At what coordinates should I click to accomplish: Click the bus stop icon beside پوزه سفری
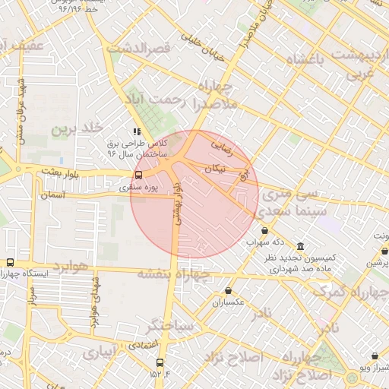[x=138, y=176]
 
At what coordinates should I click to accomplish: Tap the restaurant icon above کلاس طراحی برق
[x=138, y=131]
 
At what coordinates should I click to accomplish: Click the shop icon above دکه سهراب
[x=264, y=230]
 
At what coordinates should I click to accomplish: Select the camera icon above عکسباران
[x=229, y=290]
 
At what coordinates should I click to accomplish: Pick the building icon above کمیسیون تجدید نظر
[x=301, y=247]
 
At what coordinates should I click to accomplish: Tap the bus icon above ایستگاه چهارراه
[x=10, y=261]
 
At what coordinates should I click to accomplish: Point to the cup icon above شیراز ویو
[x=375, y=355]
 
